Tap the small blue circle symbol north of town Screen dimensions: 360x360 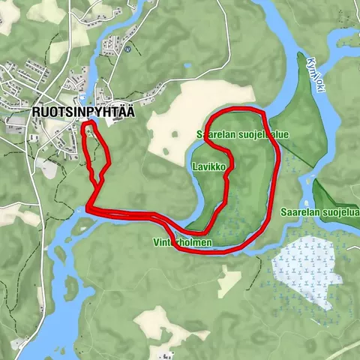click(128, 49)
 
